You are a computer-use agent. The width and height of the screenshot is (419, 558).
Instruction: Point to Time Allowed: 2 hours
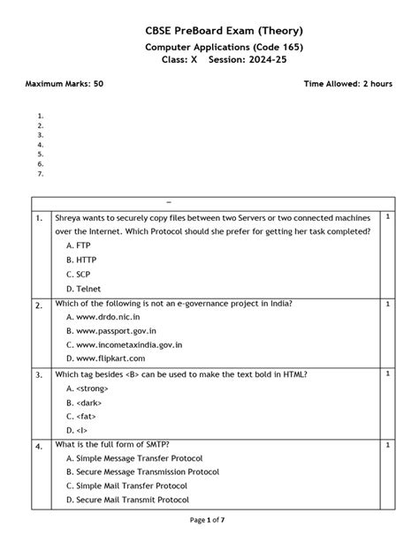point(347,84)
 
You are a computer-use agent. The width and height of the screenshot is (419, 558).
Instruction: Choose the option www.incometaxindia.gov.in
point(125,344)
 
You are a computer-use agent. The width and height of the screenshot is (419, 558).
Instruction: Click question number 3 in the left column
point(39,375)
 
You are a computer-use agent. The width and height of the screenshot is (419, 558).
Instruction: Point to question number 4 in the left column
point(39,448)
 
